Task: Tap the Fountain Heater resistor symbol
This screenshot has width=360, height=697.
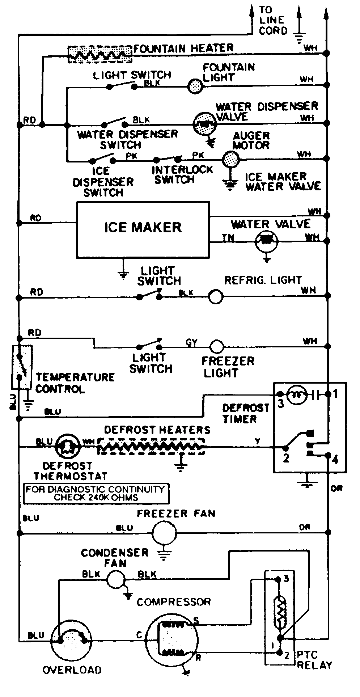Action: click(x=100, y=54)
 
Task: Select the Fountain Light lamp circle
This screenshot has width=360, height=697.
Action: click(x=195, y=86)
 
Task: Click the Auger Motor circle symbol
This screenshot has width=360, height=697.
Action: click(x=230, y=159)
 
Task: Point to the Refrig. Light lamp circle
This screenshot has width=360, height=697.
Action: click(x=216, y=297)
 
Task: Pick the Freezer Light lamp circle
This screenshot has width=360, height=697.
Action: click(x=217, y=346)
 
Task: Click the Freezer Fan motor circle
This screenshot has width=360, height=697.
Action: click(x=164, y=533)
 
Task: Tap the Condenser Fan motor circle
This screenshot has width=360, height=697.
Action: click(x=115, y=579)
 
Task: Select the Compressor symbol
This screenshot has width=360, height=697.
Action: click(x=173, y=641)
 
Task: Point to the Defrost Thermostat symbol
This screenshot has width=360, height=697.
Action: click(x=68, y=447)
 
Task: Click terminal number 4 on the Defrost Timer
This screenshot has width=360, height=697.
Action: click(x=335, y=460)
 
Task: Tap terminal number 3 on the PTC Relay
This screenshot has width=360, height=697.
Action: click(x=286, y=579)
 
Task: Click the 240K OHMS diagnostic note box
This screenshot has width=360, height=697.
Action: click(x=96, y=493)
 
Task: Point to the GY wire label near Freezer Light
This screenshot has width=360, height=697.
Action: click(x=191, y=342)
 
